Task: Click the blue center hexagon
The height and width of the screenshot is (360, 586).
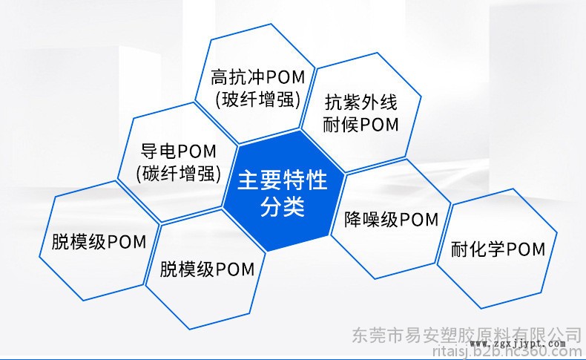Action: [x=283, y=191]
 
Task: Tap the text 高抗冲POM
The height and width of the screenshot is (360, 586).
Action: [x=258, y=78]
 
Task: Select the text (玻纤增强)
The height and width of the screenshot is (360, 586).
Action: [x=258, y=99]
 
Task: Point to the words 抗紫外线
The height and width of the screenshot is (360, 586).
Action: [x=361, y=102]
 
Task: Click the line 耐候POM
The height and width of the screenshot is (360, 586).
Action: [x=361, y=125]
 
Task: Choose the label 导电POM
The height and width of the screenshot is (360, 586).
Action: [x=178, y=151]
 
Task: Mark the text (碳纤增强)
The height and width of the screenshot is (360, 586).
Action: [x=179, y=174]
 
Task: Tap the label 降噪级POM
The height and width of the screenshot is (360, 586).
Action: [x=391, y=219]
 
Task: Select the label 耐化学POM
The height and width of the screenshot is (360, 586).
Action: [x=498, y=249]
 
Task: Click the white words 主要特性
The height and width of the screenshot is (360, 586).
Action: [x=283, y=180]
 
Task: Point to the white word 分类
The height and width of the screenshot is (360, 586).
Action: [x=283, y=206]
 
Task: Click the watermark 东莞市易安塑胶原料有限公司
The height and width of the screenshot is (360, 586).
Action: [x=467, y=335]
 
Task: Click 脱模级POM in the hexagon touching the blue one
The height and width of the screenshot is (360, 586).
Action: [x=207, y=269]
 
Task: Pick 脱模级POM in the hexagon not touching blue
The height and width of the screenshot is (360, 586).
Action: [x=99, y=242]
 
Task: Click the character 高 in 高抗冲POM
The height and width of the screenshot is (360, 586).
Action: [x=220, y=78]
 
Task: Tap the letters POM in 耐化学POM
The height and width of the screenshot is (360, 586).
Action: [x=526, y=249]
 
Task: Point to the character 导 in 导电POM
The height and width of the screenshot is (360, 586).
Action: [x=149, y=151]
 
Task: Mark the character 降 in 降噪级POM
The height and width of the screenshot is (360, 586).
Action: [x=353, y=219]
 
